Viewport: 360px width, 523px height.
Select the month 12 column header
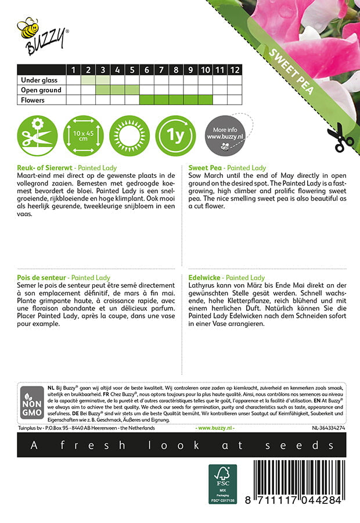pos(234,70)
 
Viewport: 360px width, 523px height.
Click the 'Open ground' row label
pos(41,90)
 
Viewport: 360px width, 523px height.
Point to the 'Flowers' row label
pos(34,100)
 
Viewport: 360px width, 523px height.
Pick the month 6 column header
pos(147,70)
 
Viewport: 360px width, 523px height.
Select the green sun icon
pos(130,137)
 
